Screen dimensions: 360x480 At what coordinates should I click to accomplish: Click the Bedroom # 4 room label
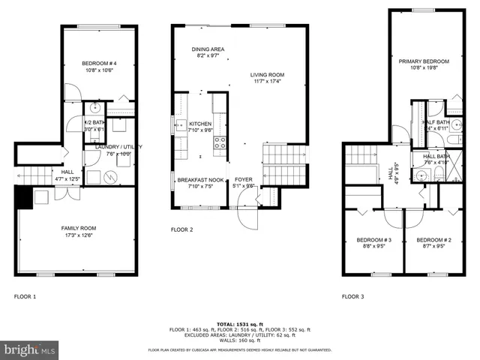point(97,64)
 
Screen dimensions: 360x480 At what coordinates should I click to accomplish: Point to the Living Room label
point(267,75)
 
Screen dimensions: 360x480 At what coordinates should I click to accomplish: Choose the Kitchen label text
point(200,124)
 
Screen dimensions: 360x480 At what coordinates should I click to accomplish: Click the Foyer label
point(244,181)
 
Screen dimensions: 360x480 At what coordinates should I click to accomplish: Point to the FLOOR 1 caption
point(25,297)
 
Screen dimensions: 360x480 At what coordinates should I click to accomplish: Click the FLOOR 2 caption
point(182,229)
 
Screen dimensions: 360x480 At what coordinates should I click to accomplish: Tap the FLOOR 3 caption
point(352,297)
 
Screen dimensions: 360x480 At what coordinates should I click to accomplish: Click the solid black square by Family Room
point(22,196)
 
